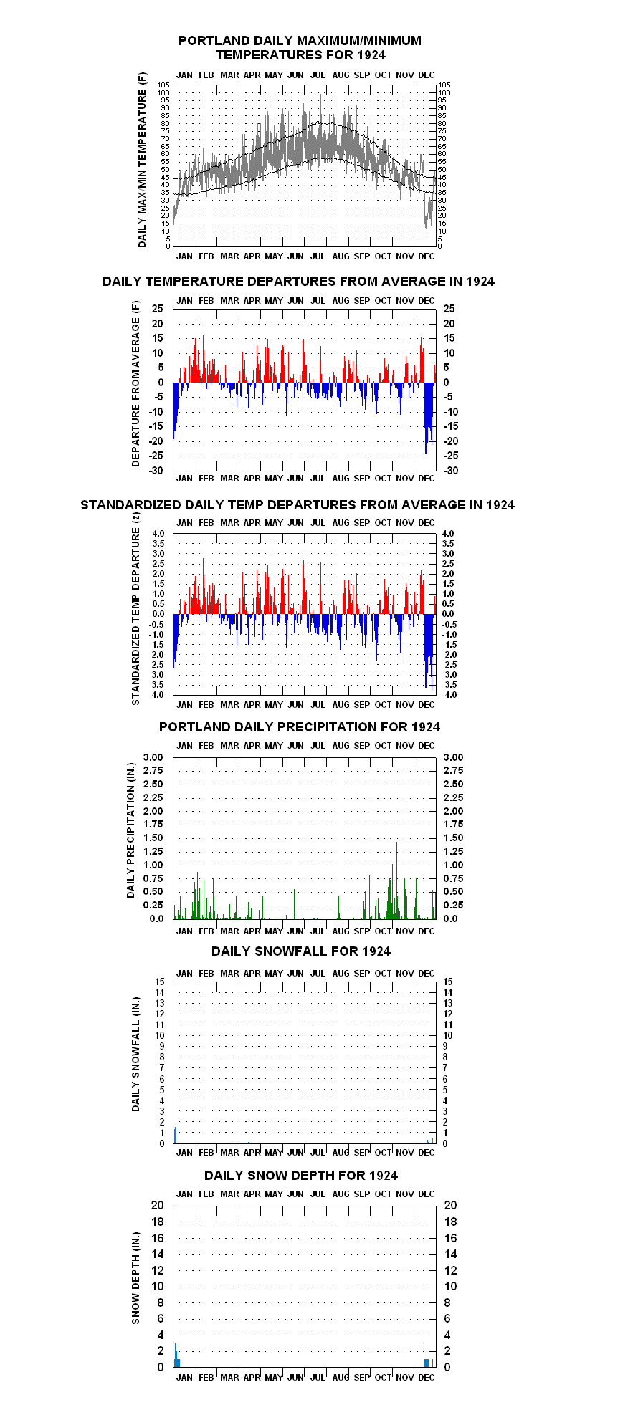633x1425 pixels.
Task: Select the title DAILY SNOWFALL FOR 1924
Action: pyautogui.click(x=301, y=951)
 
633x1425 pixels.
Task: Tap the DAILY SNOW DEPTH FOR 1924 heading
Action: pyautogui.click(x=301, y=1176)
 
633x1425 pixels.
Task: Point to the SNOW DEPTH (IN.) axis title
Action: pyautogui.click(x=135, y=1278)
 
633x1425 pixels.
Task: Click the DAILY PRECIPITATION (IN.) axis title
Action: pyautogui.click(x=130, y=830)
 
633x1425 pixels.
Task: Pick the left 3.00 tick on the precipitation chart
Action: pyautogui.click(x=153, y=757)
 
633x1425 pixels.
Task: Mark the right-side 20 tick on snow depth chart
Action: pyautogui.click(x=451, y=1206)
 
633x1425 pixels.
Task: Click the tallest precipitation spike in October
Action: pyautogui.click(x=396, y=881)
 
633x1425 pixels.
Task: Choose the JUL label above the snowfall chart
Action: pyautogui.click(x=318, y=974)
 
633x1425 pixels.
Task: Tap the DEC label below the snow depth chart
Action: pyautogui.click(x=427, y=1378)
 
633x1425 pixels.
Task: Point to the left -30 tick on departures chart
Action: pyautogui.click(x=156, y=471)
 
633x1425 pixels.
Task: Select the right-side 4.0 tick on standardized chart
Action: pyautogui.click(x=448, y=534)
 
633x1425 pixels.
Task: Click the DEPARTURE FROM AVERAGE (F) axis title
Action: pyautogui.click(x=135, y=384)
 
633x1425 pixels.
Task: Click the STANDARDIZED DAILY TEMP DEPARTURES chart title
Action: pyautogui.click(x=298, y=505)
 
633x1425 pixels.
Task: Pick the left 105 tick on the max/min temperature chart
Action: pyautogui.click(x=164, y=85)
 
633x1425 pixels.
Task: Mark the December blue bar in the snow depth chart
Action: pyautogui.click(x=427, y=1363)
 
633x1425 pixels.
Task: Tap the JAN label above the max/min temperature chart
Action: pyautogui.click(x=184, y=75)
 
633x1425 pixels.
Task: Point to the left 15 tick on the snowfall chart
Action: pyautogui.click(x=160, y=982)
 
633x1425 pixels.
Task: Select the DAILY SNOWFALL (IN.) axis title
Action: pyautogui.click(x=135, y=1054)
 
